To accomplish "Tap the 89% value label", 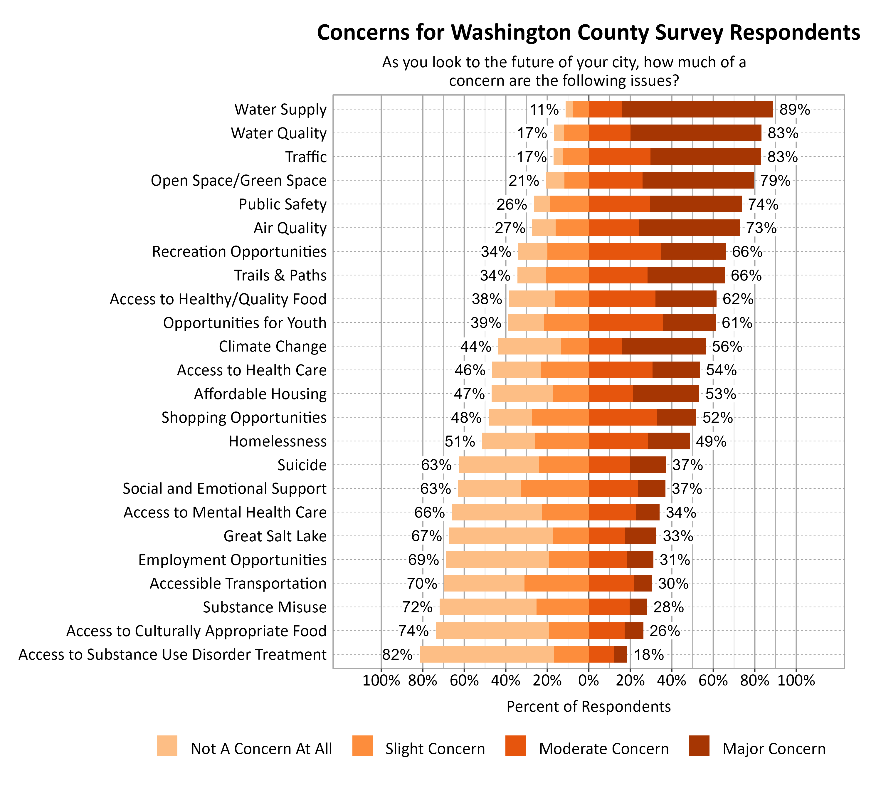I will pos(794,109).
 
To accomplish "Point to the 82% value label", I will pos(397,654).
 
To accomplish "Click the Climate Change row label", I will pos(272,346).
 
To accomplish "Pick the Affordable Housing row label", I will pos(260,394).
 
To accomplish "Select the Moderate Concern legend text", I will pos(603,749).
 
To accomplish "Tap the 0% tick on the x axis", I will pos(588,681).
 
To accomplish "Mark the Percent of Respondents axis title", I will pos(588,706).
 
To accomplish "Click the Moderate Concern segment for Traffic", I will pos(619,157).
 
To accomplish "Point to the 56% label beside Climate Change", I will pos(727,346).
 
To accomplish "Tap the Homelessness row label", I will pos(278,441).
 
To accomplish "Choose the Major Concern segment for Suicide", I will pos(648,465).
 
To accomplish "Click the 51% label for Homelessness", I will pos(459,441).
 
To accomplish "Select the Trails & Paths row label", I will pos(280,275).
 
